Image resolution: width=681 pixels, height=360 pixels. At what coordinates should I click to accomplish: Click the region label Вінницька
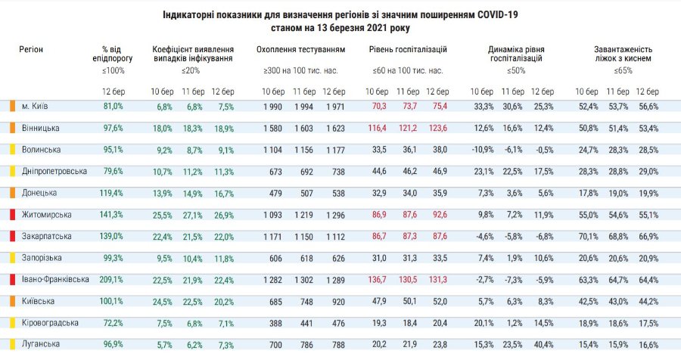coord(41,128)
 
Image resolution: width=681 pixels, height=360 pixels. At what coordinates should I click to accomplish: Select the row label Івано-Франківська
coord(55,280)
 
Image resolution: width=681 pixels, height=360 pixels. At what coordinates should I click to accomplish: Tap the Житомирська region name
coord(47,215)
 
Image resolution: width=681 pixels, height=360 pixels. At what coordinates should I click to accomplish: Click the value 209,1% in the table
coord(112,280)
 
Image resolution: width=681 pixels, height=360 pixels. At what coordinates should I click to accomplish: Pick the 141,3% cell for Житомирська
coord(112,215)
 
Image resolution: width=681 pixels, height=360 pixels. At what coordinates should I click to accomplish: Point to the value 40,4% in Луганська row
coord(543,345)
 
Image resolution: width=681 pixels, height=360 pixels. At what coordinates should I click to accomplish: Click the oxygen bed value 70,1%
coord(587,237)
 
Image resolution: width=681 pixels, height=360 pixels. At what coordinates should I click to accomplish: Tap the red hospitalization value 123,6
coord(437,128)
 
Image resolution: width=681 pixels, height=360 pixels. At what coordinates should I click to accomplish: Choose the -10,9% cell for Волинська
coord(481,150)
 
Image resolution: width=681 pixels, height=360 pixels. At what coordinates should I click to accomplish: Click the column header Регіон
coord(31,49)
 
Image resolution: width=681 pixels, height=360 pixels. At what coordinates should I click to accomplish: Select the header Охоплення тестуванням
coord(300,49)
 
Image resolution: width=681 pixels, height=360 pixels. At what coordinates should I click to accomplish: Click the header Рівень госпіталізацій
coord(408,49)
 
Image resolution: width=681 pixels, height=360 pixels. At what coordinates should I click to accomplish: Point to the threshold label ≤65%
coord(623,70)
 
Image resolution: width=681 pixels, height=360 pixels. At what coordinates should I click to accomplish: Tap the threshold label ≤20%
coord(192,70)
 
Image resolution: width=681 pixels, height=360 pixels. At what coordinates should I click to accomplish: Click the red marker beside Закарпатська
coord(13,237)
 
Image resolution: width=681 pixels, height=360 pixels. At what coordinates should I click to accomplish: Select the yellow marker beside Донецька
coord(13,193)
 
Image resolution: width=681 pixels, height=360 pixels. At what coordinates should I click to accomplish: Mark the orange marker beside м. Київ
coord(13,106)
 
